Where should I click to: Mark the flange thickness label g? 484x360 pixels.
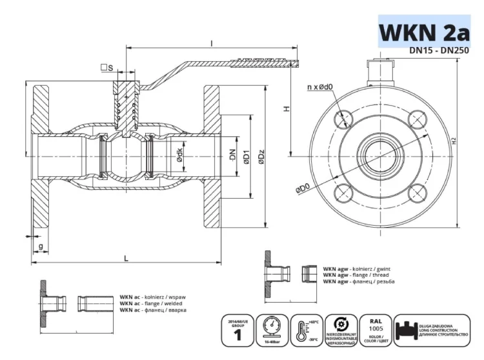[x=41, y=246]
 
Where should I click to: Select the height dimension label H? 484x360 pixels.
[x=285, y=110]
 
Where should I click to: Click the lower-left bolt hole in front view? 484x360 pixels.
[x=343, y=192]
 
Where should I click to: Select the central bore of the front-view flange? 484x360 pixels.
[x=381, y=155]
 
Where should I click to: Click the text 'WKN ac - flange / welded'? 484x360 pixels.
[x=150, y=303]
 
